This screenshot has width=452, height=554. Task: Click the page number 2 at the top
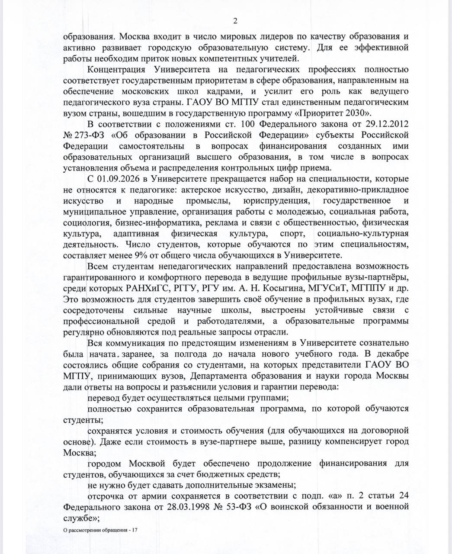coord(235,21)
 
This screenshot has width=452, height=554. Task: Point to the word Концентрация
coord(115,69)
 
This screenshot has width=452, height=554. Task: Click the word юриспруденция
coord(271,201)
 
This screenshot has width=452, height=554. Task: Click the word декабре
coord(392,353)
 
